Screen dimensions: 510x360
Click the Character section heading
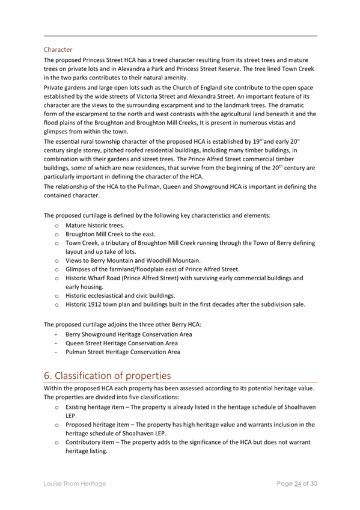click(58, 49)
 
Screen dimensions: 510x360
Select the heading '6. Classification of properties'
click(108, 375)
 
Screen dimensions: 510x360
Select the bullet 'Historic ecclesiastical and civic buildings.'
click(120, 295)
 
